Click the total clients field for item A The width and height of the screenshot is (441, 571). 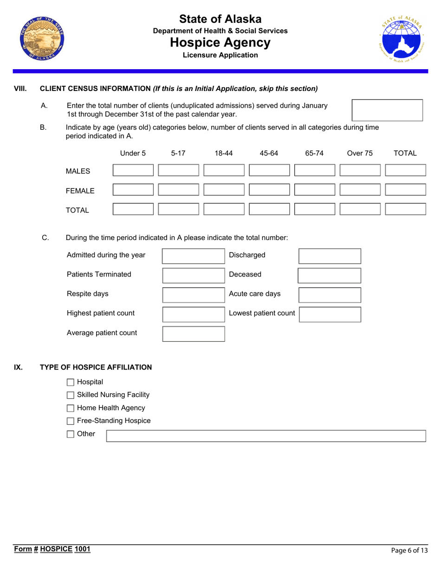pyautogui.click(x=388, y=110)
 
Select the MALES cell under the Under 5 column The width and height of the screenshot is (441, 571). pyautogui.click(x=133, y=170)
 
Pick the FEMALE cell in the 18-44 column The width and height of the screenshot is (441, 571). pyautogui.click(x=224, y=189)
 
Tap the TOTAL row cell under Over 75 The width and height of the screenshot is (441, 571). pyautogui.click(x=360, y=209)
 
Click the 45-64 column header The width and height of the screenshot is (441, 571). pyautogui.click(x=269, y=153)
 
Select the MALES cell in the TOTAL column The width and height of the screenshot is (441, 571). pyautogui.click(x=405, y=170)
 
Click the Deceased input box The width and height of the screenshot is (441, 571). pyautogui.click(x=329, y=275)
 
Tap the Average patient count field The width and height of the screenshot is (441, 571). pyautogui.click(x=194, y=334)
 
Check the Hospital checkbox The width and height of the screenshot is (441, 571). pyautogui.click(x=71, y=382)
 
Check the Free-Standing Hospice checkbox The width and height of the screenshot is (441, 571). pyautogui.click(x=71, y=421)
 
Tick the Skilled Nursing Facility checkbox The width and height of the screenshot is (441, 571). pyautogui.click(x=71, y=395)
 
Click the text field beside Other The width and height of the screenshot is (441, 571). pyautogui.click(x=266, y=435)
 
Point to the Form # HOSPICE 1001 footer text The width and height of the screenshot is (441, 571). pyautogui.click(x=52, y=549)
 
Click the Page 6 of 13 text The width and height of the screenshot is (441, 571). pyautogui.click(x=409, y=551)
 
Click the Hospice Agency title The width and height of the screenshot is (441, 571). pyautogui.click(x=220, y=43)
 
